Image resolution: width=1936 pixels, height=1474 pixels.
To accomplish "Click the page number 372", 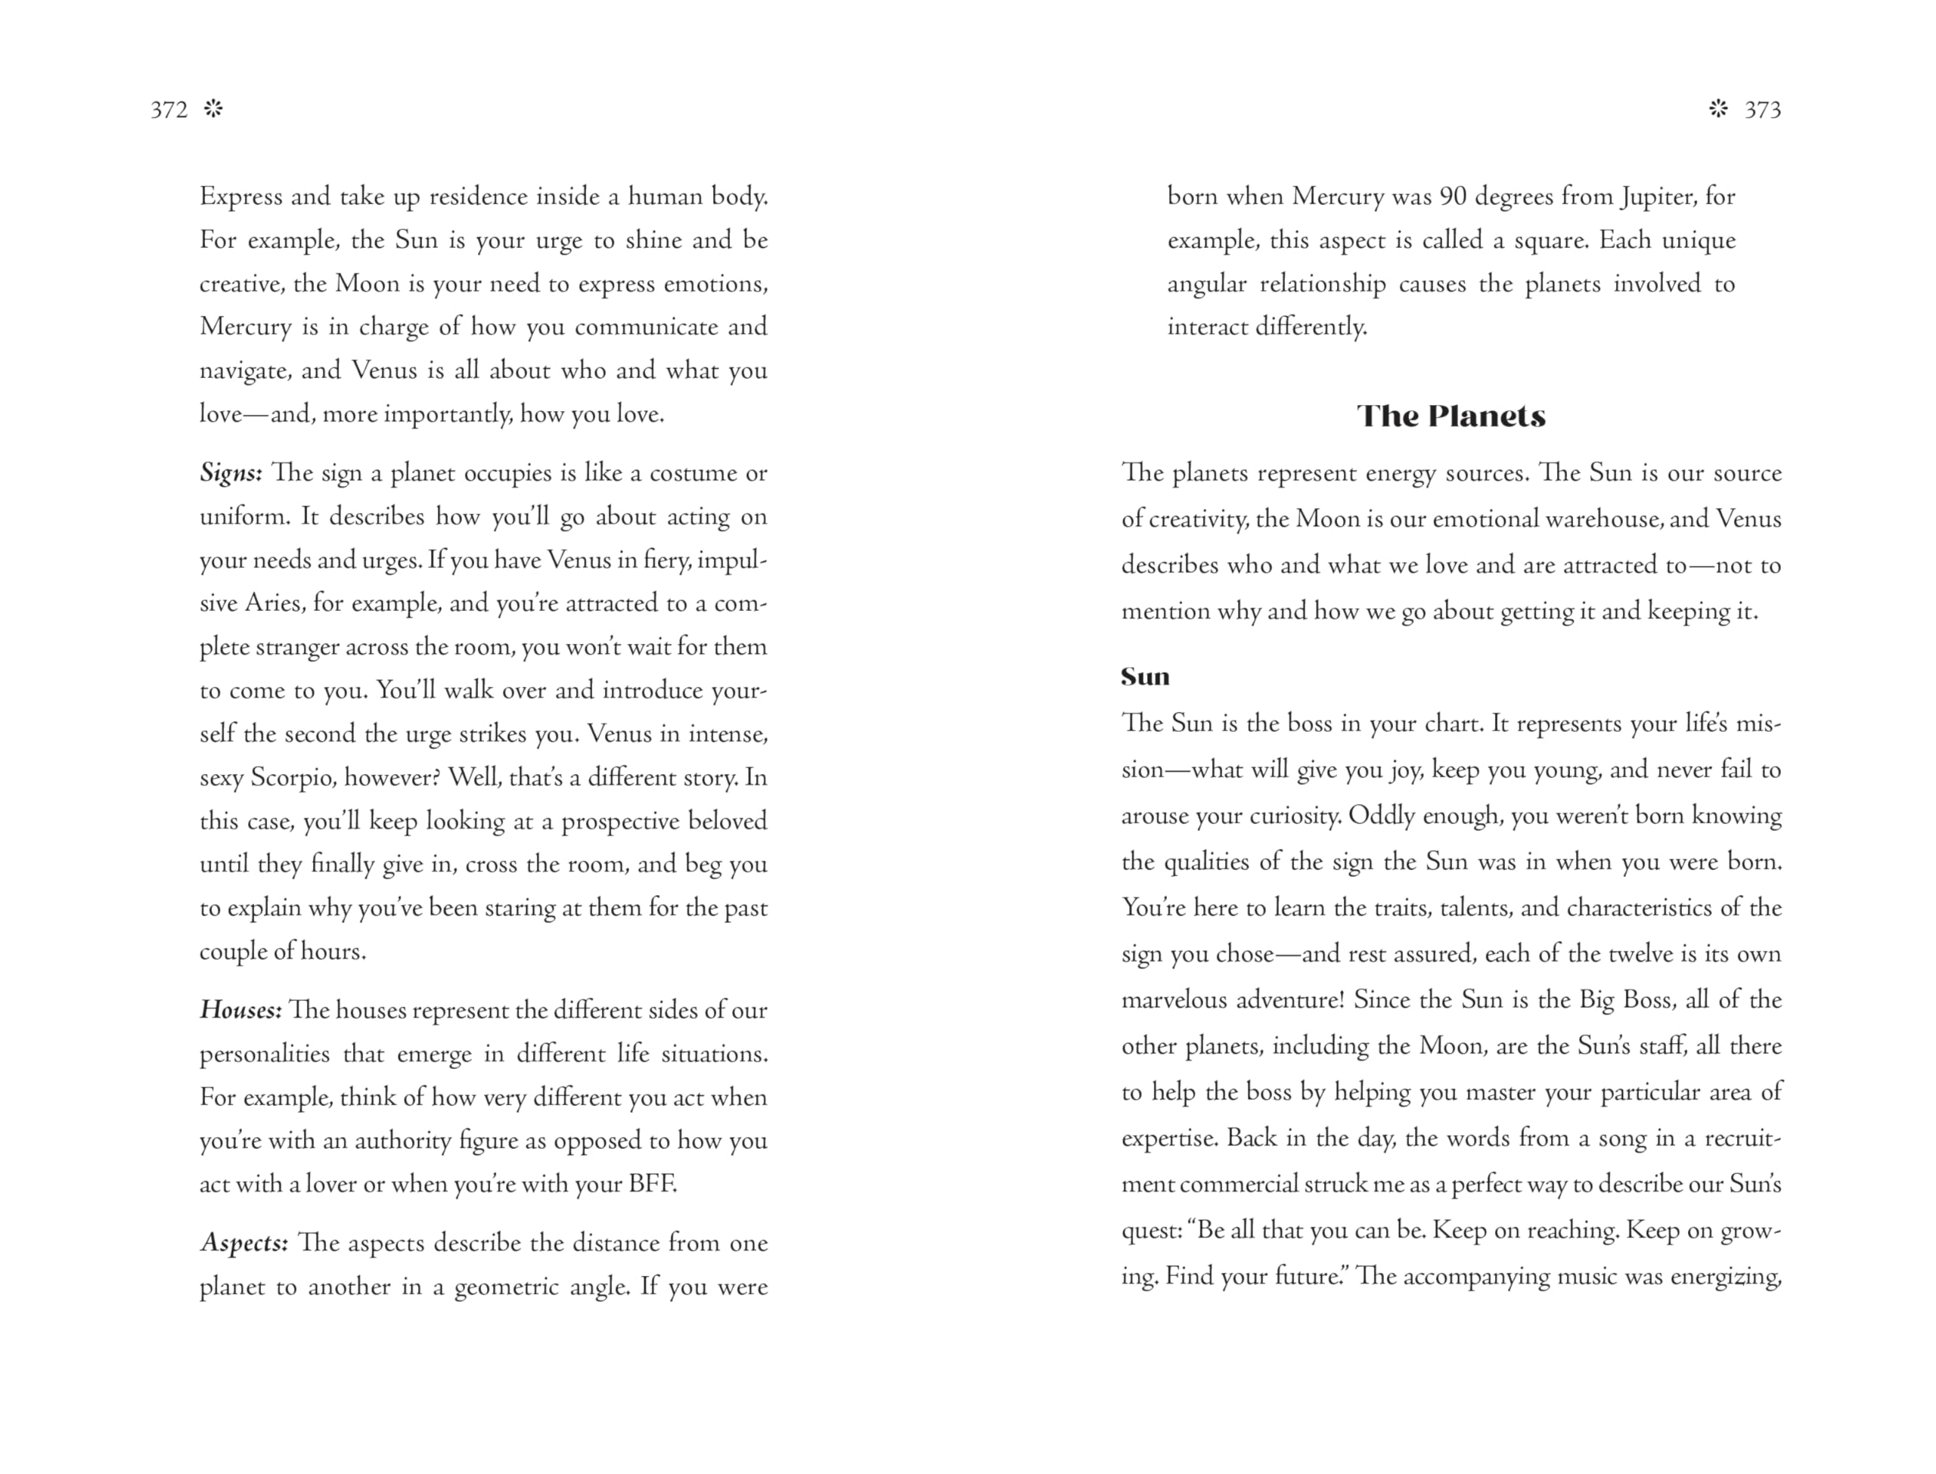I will click(169, 110).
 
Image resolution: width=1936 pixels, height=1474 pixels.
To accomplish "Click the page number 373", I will click(1762, 110).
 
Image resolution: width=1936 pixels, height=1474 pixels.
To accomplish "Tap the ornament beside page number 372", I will click(213, 109).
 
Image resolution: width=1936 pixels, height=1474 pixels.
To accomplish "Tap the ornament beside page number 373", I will click(1718, 109).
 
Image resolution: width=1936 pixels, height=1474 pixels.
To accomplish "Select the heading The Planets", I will click(1450, 416).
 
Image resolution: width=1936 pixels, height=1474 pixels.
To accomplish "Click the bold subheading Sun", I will click(1145, 677).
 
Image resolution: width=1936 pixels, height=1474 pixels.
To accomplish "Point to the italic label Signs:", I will click(231, 473).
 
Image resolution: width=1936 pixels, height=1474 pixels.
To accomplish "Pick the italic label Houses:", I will click(240, 1010).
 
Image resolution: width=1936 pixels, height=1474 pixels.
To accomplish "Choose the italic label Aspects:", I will click(244, 1243).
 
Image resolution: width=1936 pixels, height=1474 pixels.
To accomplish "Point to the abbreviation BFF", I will click(652, 1184).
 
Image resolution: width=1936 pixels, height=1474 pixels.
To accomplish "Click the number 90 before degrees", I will click(1453, 197).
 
